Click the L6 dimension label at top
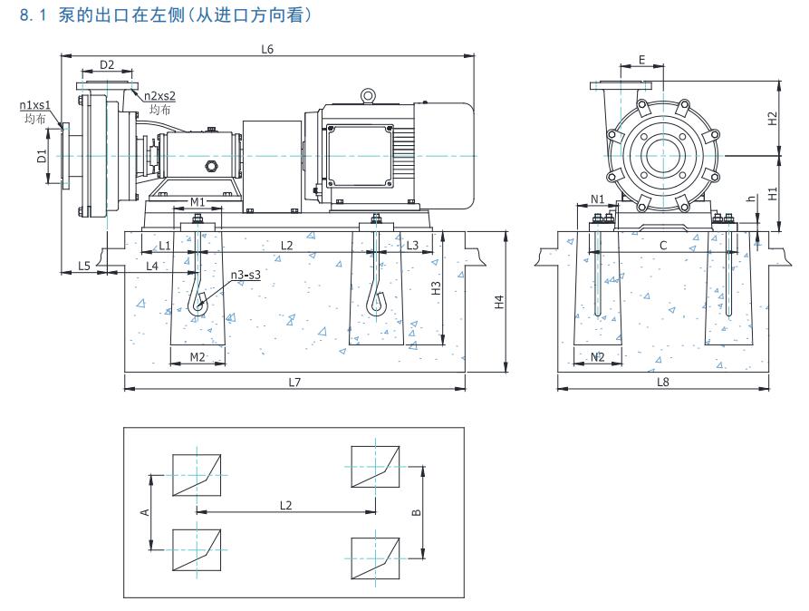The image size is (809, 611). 267,48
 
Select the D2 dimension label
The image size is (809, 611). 107,64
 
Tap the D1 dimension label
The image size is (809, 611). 42,156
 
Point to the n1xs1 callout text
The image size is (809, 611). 34,105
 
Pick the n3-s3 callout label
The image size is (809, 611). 246,274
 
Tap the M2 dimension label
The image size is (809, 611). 197,356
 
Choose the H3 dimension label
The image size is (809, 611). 436,288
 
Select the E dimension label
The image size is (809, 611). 642,60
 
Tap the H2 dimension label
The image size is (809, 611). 772,118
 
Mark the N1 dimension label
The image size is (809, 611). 597,199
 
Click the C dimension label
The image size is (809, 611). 663,245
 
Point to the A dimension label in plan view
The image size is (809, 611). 144,512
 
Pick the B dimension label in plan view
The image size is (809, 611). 415,512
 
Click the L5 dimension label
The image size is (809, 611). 83,266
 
